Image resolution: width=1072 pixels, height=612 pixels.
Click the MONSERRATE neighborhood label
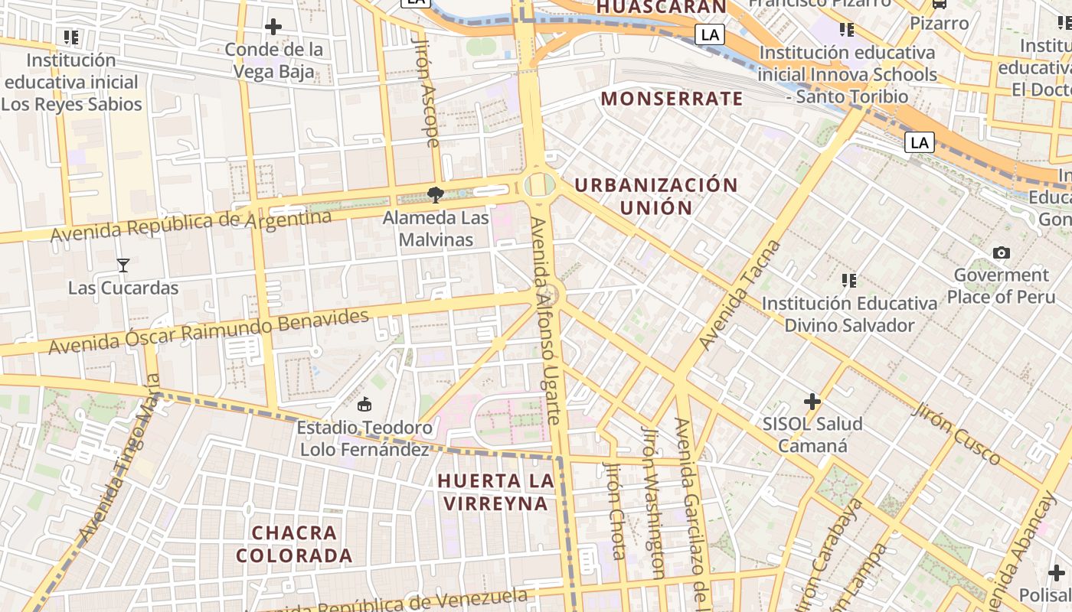point(672,99)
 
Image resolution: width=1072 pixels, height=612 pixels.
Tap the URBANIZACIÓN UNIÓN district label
point(656,196)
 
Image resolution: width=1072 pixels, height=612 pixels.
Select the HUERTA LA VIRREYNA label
point(495,492)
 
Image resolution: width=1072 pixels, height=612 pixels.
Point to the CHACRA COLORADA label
point(294,544)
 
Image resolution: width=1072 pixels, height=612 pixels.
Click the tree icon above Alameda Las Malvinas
point(436,195)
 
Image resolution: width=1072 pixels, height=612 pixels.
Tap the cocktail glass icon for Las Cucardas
point(123,265)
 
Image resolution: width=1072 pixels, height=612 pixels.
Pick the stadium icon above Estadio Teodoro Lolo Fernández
point(364,404)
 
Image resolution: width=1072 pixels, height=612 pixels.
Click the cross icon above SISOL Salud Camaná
point(812,401)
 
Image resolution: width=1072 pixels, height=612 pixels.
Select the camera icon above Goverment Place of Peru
point(1001,252)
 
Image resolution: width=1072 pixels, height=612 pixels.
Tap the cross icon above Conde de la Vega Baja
point(273,27)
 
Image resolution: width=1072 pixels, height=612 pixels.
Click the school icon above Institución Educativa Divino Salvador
point(848,281)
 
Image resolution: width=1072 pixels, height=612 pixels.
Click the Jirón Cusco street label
point(956,433)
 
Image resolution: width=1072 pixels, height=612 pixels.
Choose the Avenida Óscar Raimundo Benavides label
point(208,331)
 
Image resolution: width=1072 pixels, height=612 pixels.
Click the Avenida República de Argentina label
point(191,226)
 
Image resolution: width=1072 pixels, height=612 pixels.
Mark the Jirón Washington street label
point(653,502)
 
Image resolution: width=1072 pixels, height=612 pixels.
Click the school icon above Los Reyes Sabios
point(71,37)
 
